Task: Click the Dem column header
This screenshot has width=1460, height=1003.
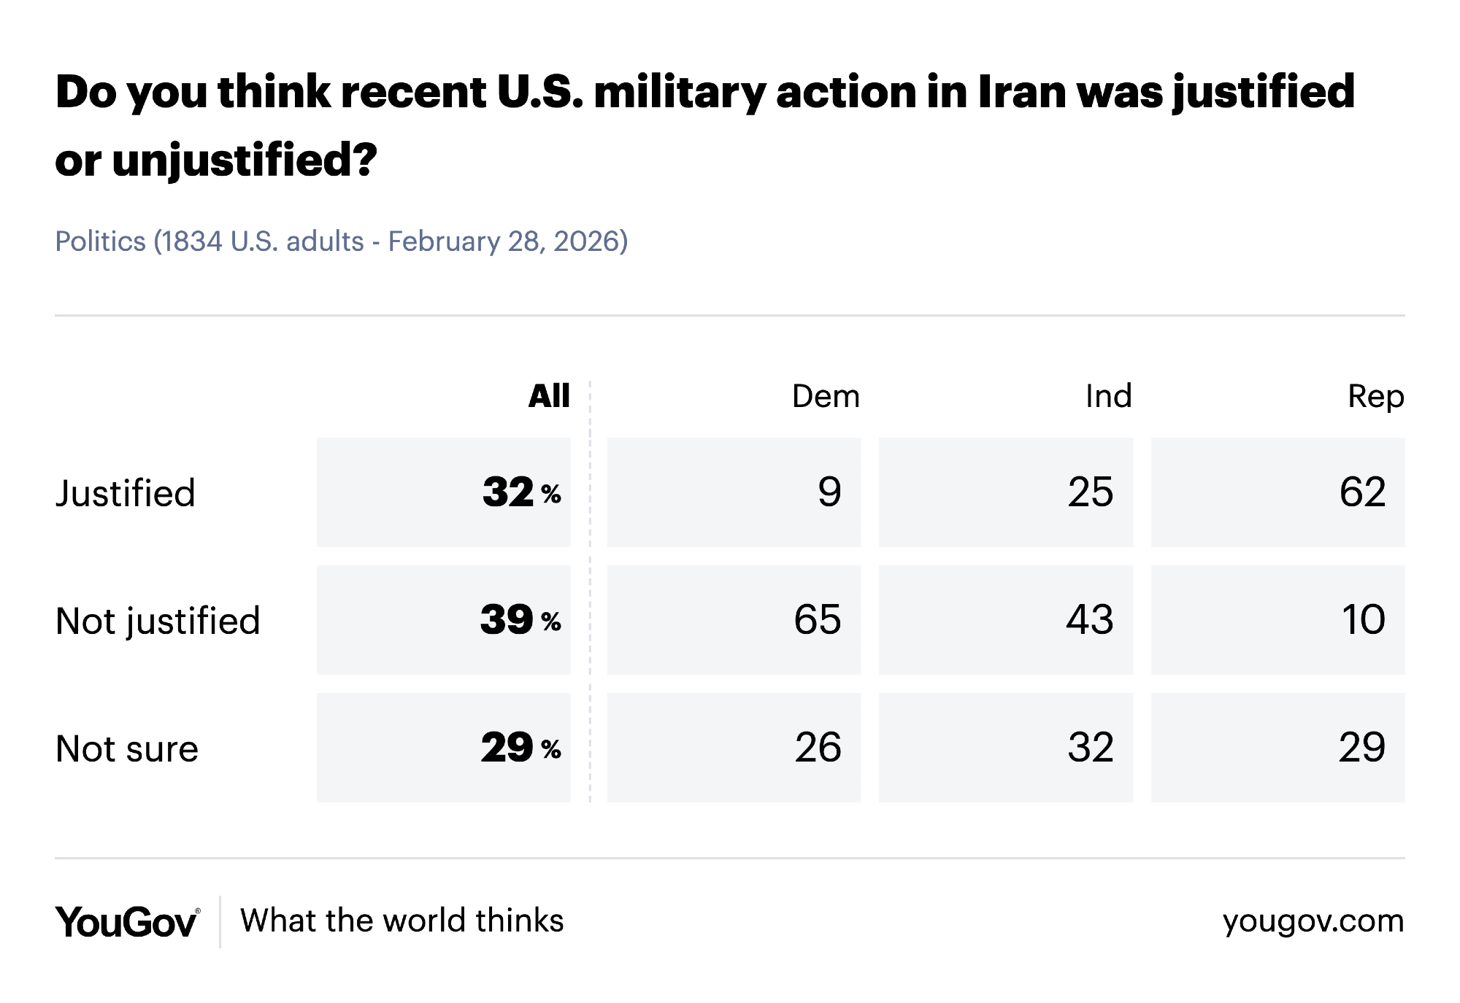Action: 826,397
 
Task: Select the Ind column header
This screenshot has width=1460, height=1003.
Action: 1108,397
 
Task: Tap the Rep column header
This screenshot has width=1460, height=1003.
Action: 1375,397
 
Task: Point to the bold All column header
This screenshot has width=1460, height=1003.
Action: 549,397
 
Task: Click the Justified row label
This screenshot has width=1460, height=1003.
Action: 126,493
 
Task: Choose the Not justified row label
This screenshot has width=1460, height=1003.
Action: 158,621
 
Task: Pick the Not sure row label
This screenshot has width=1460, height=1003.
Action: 127,749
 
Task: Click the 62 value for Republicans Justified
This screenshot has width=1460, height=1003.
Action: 1362,492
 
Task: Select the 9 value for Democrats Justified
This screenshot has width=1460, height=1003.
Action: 829,492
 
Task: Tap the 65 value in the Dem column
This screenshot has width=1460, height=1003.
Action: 818,620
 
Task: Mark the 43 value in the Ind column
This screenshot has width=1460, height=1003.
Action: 1090,620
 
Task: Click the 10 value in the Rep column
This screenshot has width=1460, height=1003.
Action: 1363,620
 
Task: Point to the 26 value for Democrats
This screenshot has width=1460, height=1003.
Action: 818,748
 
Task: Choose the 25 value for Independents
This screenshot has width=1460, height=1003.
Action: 1090,492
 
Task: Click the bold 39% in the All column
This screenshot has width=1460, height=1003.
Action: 520,620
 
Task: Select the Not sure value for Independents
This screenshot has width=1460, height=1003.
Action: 1090,748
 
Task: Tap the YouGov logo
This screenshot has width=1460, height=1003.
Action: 127,921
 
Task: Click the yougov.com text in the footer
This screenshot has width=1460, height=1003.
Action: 1313,921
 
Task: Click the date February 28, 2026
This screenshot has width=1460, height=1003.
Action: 507,241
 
